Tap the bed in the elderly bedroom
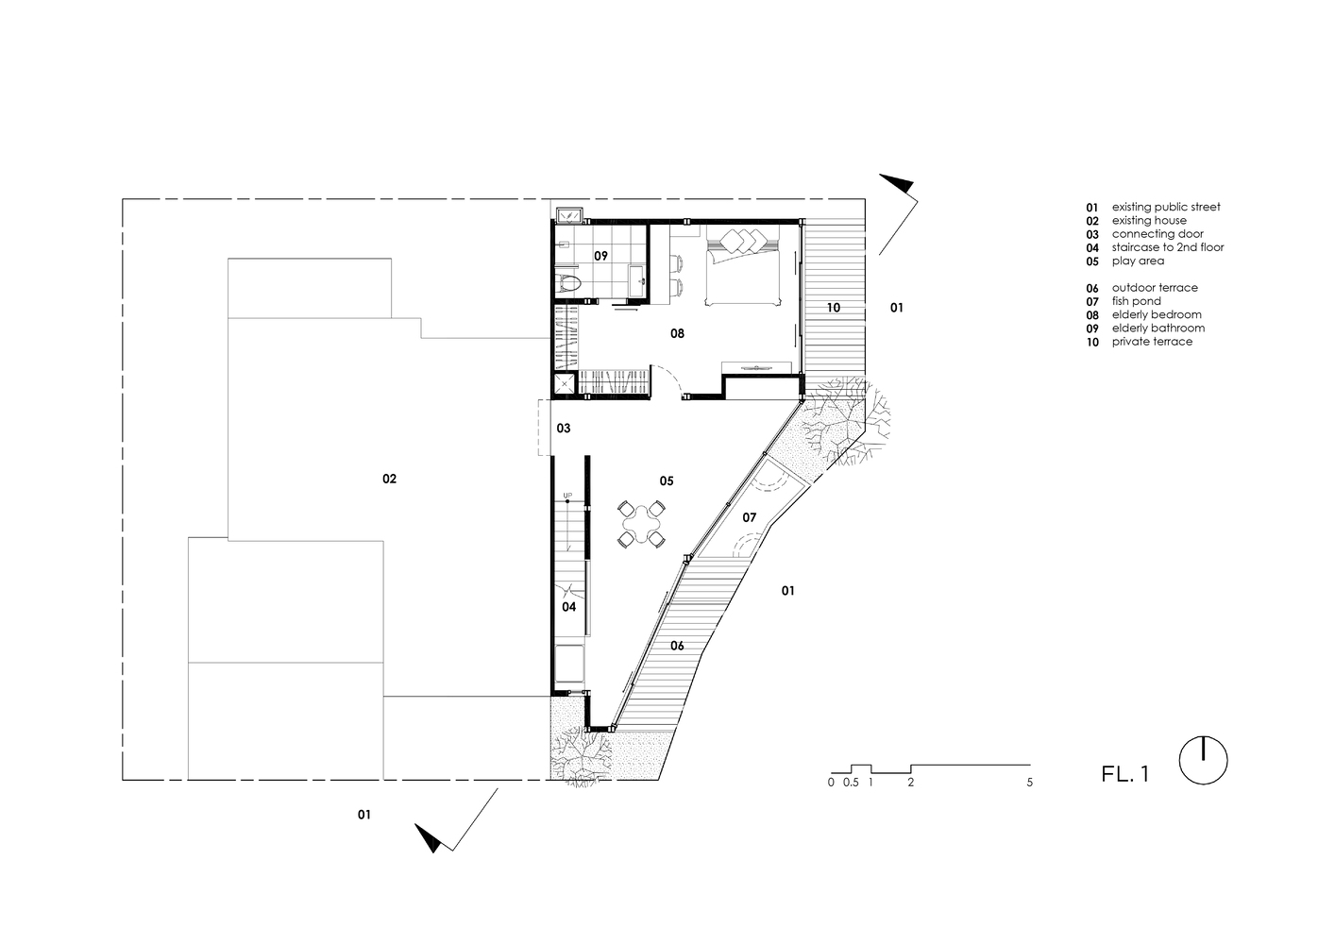743,266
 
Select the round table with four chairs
641,525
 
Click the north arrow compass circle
1203,761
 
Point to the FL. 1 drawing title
1124,773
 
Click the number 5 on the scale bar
1029,783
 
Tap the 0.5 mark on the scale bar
851,783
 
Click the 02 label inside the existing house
389,479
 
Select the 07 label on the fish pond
749,517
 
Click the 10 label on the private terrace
833,308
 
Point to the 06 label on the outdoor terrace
677,646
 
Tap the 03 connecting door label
564,428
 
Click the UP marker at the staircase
567,496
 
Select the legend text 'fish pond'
1136,301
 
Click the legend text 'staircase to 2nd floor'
1168,246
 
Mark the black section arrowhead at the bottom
428,838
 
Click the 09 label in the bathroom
600,256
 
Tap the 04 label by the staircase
568,607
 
